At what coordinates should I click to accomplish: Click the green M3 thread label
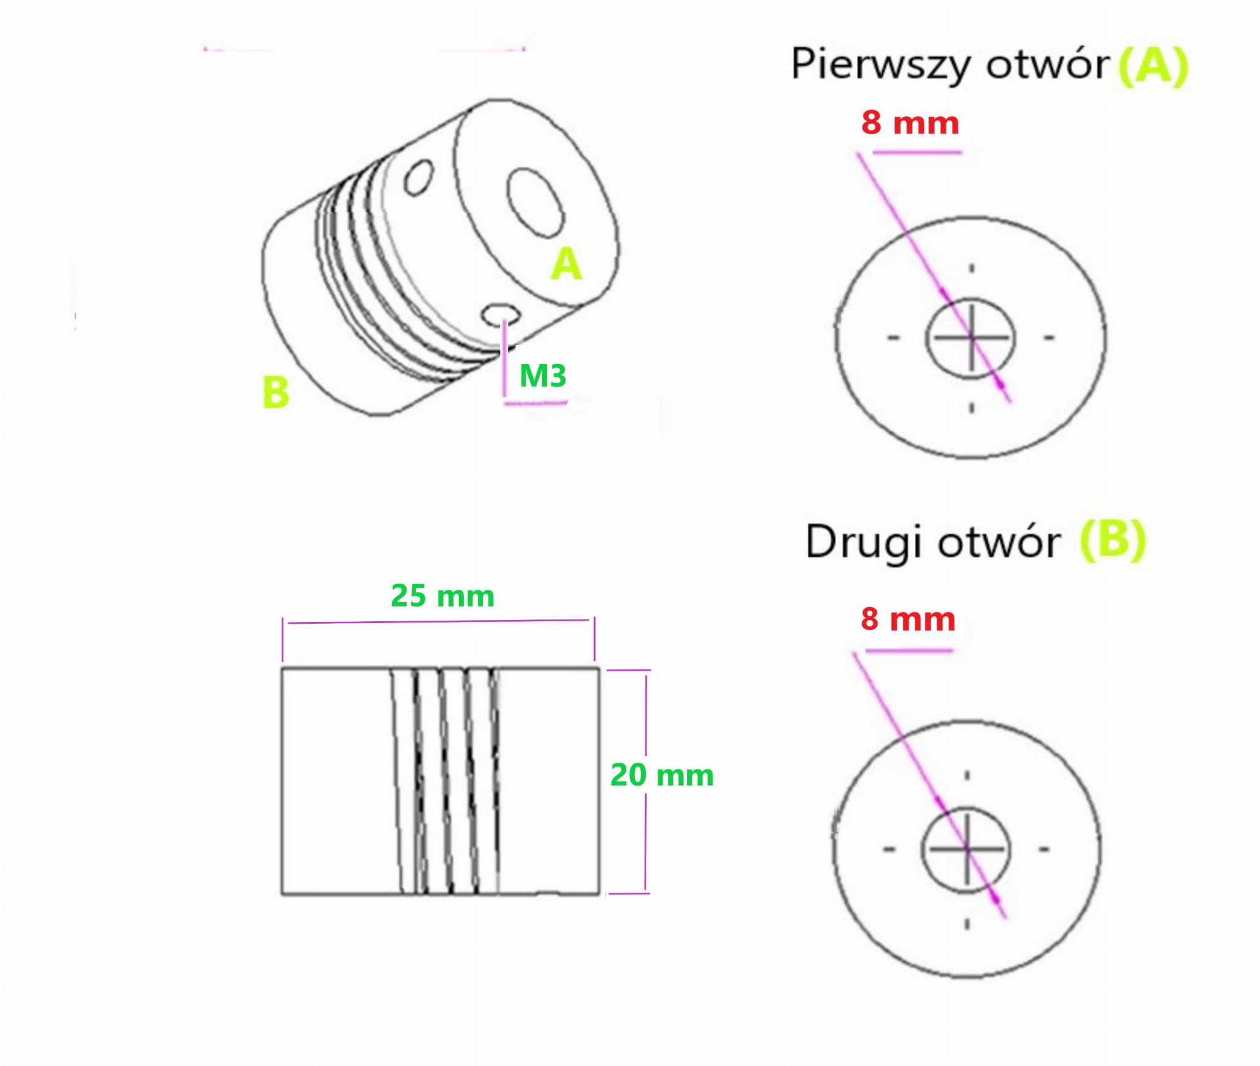542,375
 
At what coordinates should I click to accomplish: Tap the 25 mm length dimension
442,595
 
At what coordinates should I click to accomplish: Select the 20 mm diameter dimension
661,774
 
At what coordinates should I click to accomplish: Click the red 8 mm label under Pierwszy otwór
910,122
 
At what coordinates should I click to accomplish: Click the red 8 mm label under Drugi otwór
907,619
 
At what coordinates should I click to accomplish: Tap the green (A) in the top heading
1154,66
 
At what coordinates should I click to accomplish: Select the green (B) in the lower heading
1113,540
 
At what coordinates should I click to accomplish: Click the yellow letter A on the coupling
566,264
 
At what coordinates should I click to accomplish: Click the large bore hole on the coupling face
535,203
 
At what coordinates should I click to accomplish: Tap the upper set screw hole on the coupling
419,178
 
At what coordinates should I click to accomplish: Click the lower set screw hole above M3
499,314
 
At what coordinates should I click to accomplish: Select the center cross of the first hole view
971,337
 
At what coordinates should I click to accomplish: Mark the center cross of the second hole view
967,849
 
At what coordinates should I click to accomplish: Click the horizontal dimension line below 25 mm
438,621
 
